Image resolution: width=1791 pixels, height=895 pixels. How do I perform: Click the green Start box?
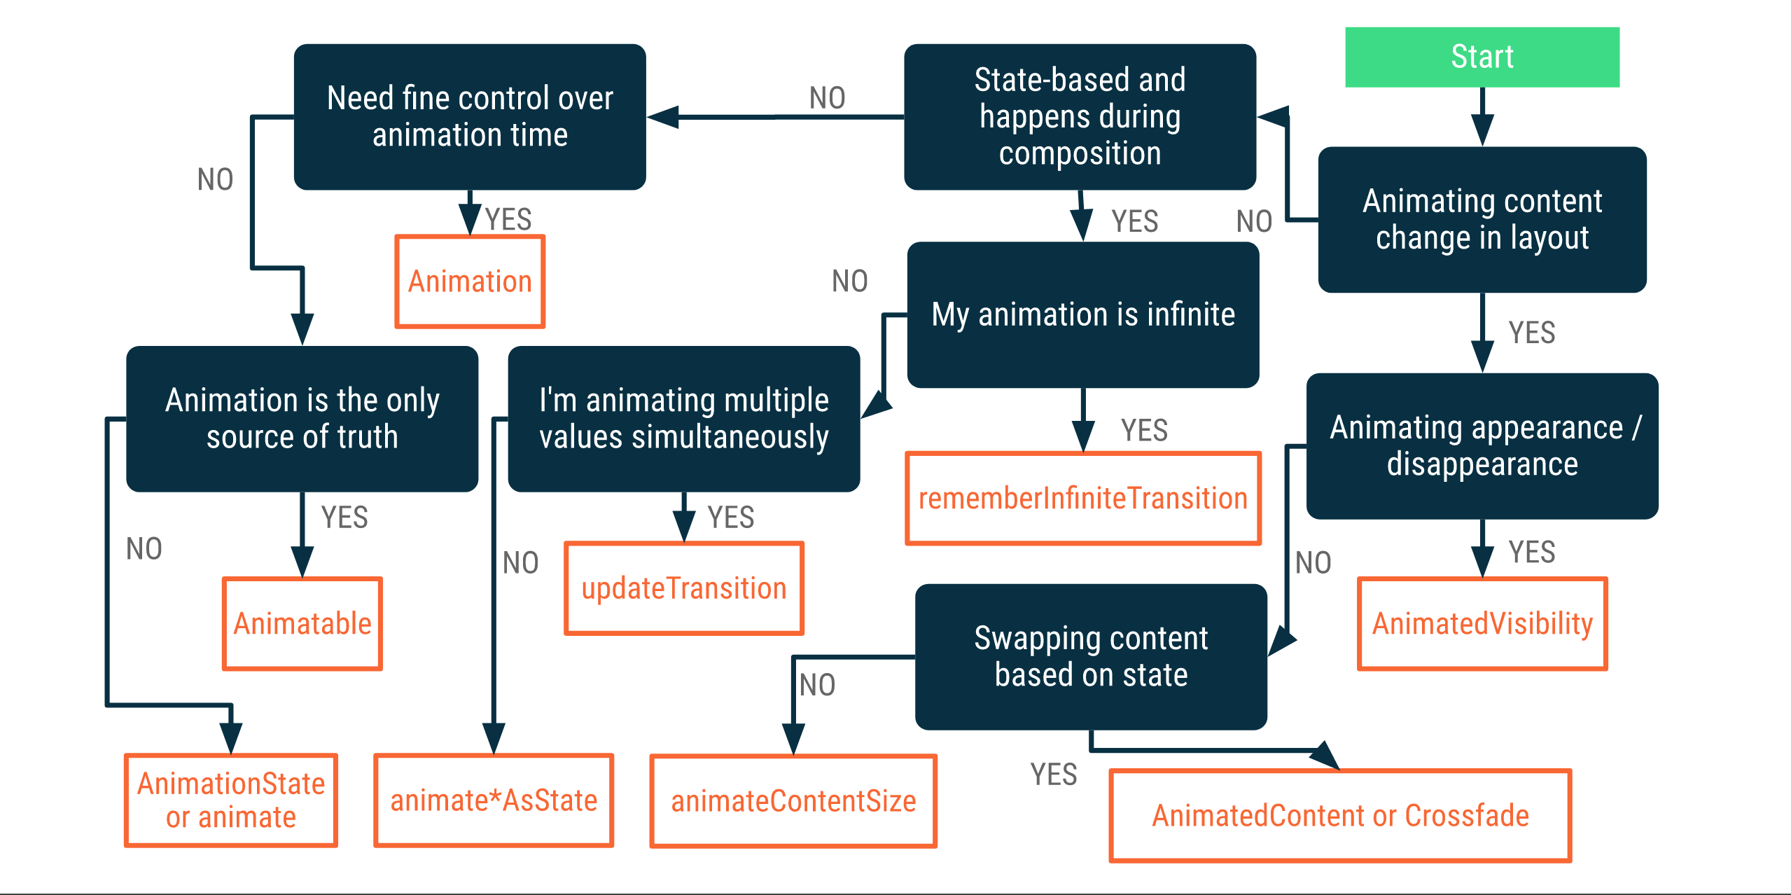[x=1482, y=57]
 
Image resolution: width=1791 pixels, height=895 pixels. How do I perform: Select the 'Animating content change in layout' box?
[x=1482, y=219]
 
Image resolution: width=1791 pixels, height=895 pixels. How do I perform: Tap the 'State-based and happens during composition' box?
[x=1080, y=117]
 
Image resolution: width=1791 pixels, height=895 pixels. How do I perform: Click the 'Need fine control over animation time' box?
[x=470, y=117]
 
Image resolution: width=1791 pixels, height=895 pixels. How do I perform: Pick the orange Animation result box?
[x=470, y=282]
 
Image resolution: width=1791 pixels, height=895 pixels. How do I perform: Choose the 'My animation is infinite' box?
[x=1083, y=314]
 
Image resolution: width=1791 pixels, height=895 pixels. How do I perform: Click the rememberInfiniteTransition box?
[x=1083, y=498]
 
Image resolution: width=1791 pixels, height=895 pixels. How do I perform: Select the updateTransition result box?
[x=684, y=588]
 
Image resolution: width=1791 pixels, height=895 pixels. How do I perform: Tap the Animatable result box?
[x=302, y=623]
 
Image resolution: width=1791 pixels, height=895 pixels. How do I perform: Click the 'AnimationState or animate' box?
[x=231, y=800]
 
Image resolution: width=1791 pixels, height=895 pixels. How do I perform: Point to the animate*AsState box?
[x=494, y=800]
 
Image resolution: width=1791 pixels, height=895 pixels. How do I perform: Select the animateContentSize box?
[x=793, y=800]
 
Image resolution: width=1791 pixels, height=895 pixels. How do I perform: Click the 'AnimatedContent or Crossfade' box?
[x=1340, y=815]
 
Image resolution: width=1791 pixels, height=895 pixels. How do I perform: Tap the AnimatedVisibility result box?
[x=1482, y=623]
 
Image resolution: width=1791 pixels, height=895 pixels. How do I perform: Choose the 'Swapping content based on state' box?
[x=1091, y=657]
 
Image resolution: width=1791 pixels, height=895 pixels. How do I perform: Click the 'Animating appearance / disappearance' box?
[x=1482, y=446]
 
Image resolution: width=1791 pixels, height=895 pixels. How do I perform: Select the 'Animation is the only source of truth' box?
[x=302, y=419]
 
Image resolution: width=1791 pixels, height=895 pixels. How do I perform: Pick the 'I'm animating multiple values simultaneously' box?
[x=684, y=419]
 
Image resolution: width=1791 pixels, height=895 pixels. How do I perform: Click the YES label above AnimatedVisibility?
[x=1531, y=552]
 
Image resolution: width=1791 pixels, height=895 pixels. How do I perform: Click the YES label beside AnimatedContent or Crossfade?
[x=1053, y=775]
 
